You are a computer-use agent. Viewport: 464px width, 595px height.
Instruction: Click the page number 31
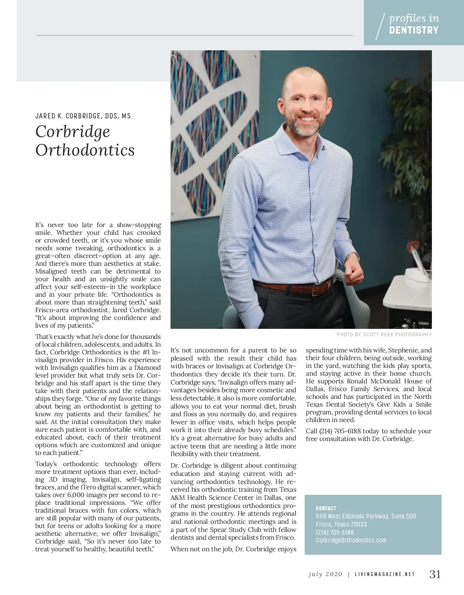click(x=435, y=574)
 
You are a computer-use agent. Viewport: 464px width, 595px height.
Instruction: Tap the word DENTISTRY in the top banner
click(x=414, y=30)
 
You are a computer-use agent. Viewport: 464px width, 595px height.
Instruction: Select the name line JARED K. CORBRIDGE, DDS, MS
click(x=83, y=116)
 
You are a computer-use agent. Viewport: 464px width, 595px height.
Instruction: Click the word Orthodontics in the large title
click(x=85, y=150)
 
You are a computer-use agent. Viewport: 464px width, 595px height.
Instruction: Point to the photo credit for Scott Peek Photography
click(x=384, y=335)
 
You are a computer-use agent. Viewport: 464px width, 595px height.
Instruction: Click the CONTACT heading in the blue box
click(x=326, y=508)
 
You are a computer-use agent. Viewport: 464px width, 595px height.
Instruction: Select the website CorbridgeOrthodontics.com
click(x=351, y=540)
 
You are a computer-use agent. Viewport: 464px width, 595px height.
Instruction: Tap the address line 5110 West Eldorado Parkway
click(x=366, y=516)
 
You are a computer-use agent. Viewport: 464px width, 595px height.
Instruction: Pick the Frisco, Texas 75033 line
click(x=341, y=525)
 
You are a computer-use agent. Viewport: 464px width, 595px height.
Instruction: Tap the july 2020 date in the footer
click(x=325, y=574)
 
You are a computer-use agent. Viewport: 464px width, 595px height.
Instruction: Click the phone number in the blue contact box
click(x=334, y=533)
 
